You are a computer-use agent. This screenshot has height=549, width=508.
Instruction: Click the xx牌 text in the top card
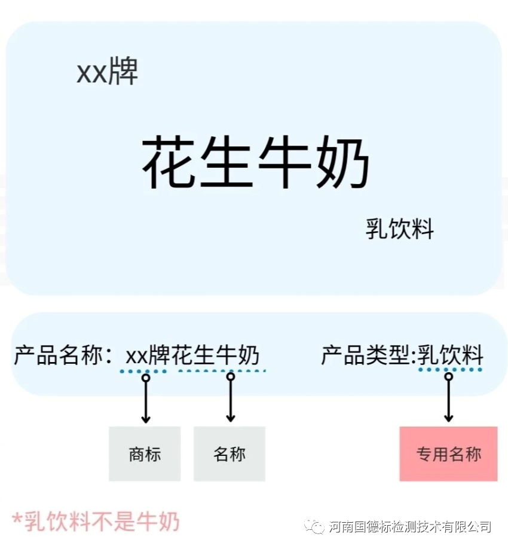[x=108, y=73]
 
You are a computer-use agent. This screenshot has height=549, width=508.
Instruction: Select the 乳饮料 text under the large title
[x=399, y=229]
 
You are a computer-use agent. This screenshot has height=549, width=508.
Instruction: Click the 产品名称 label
[x=57, y=356]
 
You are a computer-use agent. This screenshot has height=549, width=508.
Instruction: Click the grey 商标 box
[x=145, y=454]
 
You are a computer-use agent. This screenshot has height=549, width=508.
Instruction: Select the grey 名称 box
[x=229, y=454]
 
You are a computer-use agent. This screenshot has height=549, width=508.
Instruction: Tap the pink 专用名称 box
[x=448, y=454]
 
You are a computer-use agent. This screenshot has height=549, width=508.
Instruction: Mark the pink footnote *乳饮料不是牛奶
[x=96, y=521]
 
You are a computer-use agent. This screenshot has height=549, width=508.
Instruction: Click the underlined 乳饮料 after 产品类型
[x=450, y=356]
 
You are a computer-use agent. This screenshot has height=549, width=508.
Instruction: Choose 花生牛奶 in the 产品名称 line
[x=216, y=356]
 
